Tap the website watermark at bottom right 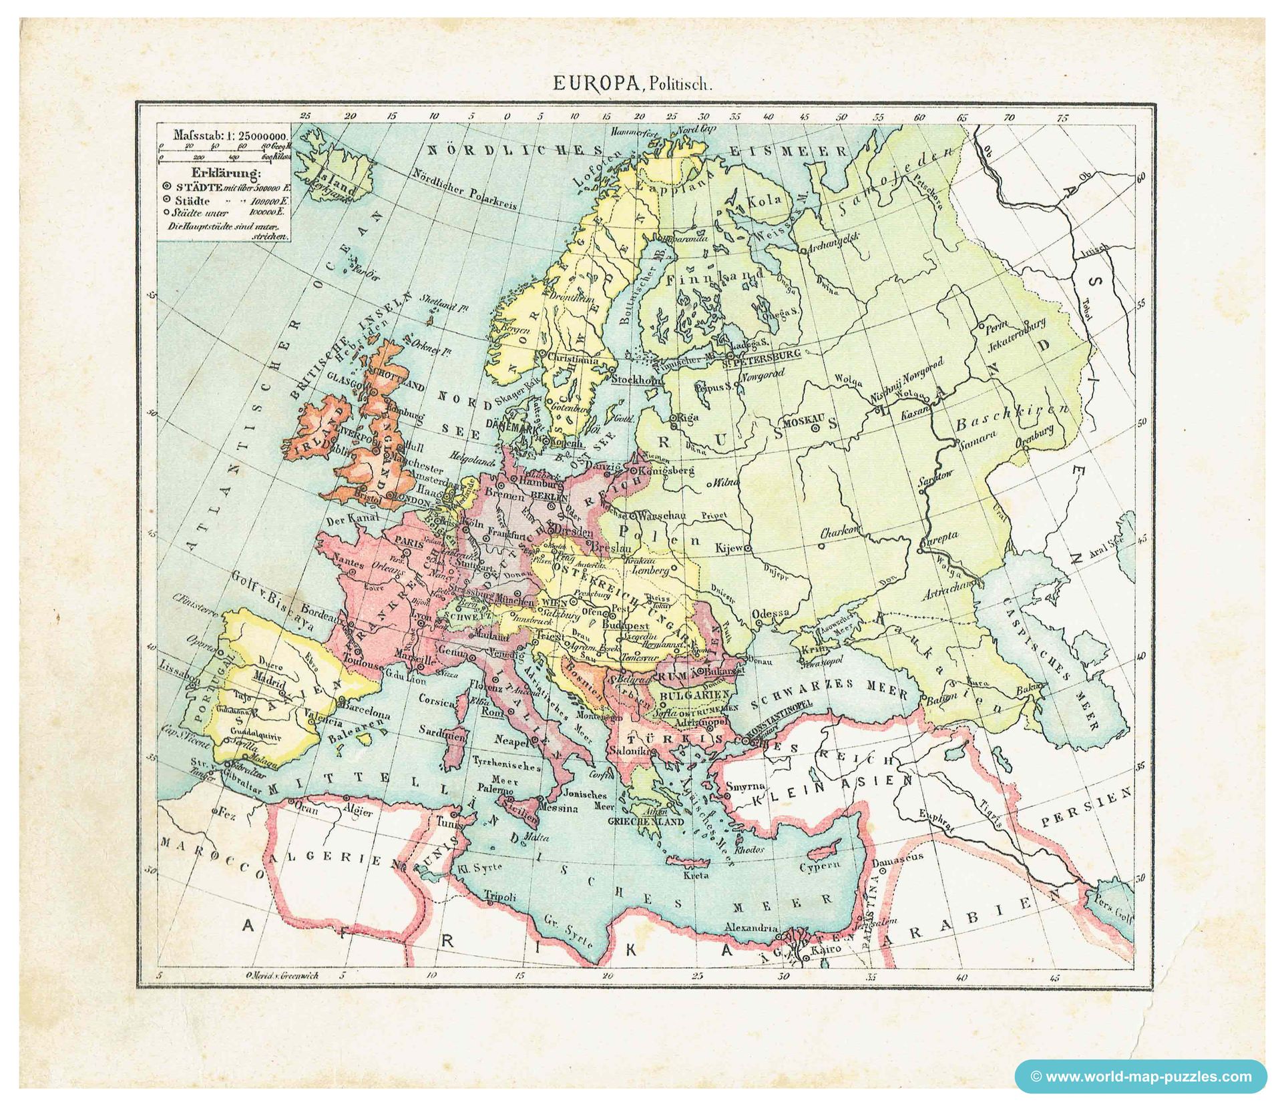click(x=1140, y=1076)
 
